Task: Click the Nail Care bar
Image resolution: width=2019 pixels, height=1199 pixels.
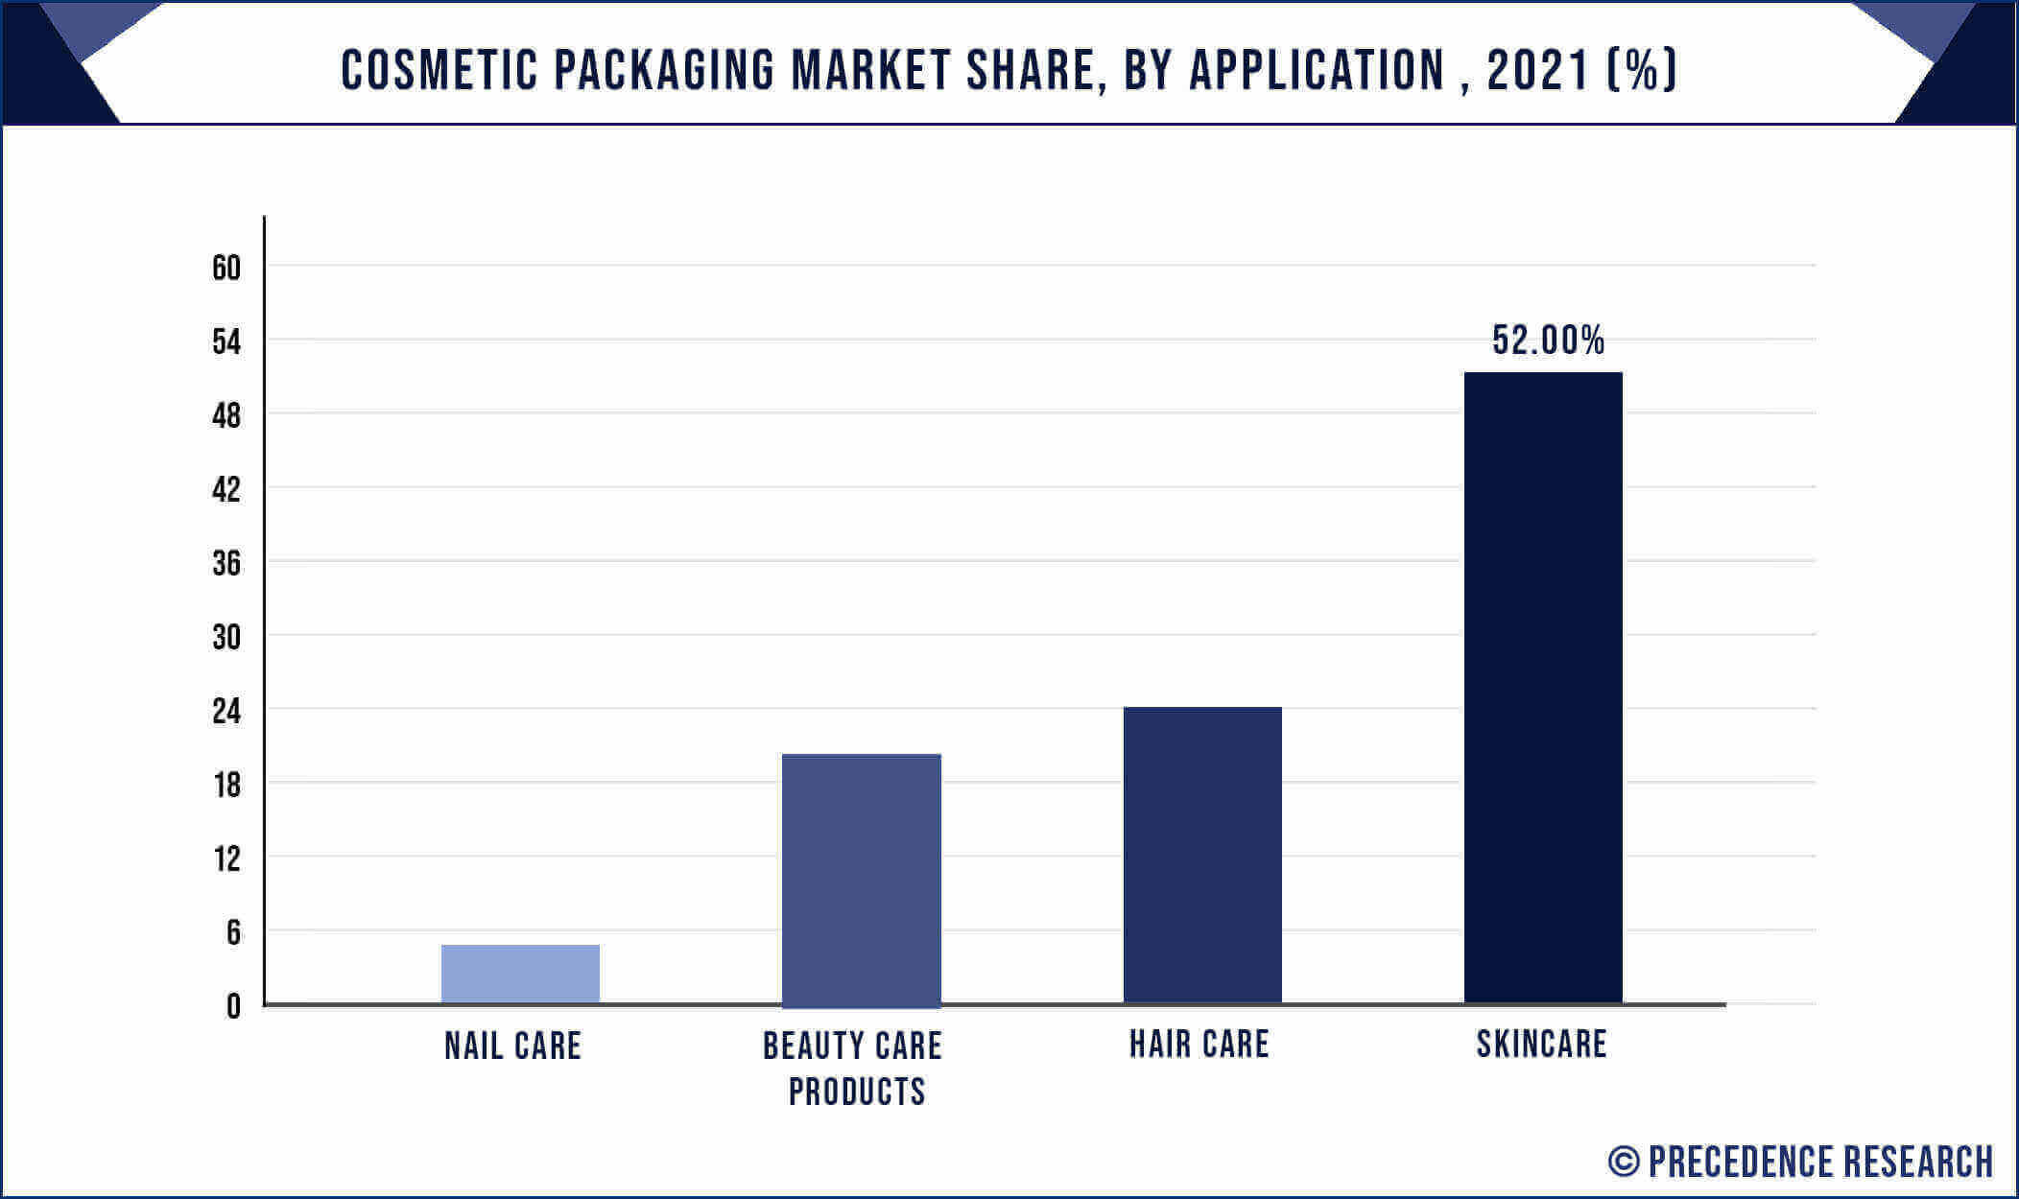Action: tap(520, 974)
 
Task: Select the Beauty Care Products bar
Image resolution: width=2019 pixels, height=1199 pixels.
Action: tap(862, 881)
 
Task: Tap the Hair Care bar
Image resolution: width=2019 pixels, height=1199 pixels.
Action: tap(1202, 856)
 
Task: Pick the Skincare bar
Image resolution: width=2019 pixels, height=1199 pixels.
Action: tap(1543, 688)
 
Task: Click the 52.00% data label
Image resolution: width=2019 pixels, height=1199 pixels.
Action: tap(1548, 341)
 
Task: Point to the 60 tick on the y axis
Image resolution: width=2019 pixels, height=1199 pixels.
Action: tap(226, 268)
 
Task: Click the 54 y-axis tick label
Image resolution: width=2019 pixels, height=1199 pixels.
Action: tap(226, 341)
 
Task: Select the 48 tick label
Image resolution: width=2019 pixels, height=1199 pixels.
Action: tap(226, 415)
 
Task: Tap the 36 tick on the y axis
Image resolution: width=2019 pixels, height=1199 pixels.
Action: tap(226, 563)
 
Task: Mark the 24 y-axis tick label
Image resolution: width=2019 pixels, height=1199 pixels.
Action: tap(226, 712)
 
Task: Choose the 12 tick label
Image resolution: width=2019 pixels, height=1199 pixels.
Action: tap(226, 859)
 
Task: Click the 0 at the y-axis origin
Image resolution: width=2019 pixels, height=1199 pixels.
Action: tap(233, 1006)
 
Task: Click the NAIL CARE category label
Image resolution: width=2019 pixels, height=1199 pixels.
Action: tap(512, 1046)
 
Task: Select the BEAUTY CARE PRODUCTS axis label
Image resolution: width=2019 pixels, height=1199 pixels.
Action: tap(853, 1069)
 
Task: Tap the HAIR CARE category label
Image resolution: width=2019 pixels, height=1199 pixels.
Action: tap(1200, 1044)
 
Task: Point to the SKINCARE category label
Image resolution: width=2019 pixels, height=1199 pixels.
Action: tap(1541, 1044)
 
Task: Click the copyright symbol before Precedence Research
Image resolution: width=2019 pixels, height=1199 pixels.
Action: tap(1624, 1162)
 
